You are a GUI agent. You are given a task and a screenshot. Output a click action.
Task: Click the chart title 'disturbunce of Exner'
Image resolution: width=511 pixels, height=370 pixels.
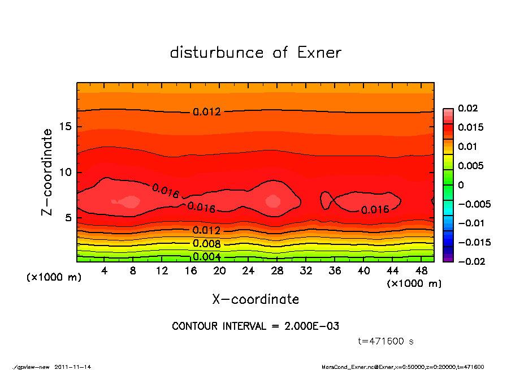pos(255,53)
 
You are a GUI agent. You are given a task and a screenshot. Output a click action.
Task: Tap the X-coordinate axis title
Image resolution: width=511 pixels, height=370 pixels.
pos(255,299)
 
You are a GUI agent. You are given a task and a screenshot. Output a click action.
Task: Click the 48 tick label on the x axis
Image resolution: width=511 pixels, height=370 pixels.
pos(421,271)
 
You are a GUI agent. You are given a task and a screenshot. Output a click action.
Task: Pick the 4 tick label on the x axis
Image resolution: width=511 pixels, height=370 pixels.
pos(105,271)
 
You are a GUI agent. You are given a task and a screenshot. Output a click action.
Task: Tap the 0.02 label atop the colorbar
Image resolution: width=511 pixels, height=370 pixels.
pos(468,108)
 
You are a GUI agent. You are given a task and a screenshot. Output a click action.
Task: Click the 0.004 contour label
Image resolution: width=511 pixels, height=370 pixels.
pos(206,257)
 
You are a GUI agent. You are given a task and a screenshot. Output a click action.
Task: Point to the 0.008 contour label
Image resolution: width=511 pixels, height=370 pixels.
pos(206,244)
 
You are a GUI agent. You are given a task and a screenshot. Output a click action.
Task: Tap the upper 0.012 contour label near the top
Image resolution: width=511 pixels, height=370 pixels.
pos(206,112)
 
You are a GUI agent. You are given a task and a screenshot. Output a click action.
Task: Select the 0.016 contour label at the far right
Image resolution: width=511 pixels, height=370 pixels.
pos(375,210)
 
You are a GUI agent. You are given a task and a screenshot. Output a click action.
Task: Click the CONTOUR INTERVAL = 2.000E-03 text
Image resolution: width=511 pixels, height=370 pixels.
pos(255,326)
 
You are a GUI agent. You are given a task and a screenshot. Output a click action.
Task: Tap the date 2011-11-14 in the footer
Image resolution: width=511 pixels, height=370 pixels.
pos(73,367)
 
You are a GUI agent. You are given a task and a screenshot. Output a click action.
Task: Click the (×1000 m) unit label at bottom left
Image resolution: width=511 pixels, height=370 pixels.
pos(51,278)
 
